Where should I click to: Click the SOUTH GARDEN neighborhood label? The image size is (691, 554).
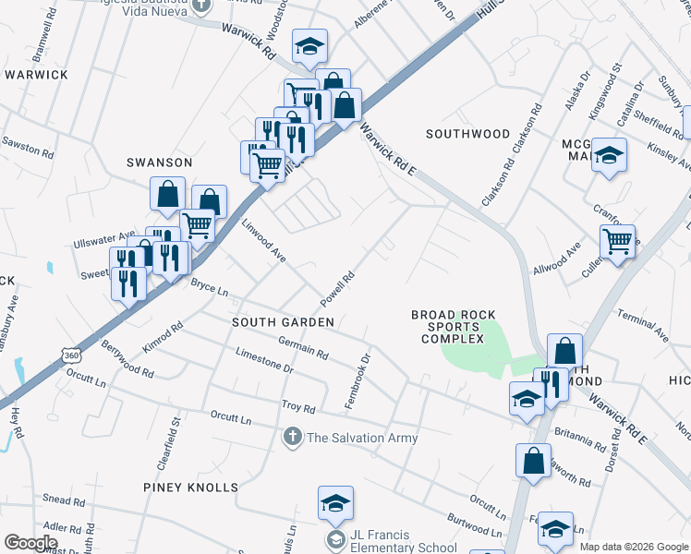tap(283, 321)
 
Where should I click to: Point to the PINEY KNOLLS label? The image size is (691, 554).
tap(190, 487)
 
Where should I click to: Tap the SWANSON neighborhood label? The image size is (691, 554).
tap(159, 163)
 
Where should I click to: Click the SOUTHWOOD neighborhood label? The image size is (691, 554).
tap(467, 134)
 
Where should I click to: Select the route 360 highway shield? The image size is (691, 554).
tap(72, 355)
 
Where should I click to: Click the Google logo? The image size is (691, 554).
tap(30, 542)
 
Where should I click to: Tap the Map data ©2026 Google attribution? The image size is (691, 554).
tap(634, 547)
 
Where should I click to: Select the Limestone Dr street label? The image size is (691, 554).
tap(263, 360)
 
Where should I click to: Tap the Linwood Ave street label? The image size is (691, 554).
tap(264, 240)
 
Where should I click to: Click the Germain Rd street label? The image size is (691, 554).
tap(303, 347)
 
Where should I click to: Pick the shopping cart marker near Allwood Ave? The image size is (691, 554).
tap(617, 243)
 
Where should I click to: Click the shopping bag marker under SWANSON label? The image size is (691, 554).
tap(167, 195)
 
